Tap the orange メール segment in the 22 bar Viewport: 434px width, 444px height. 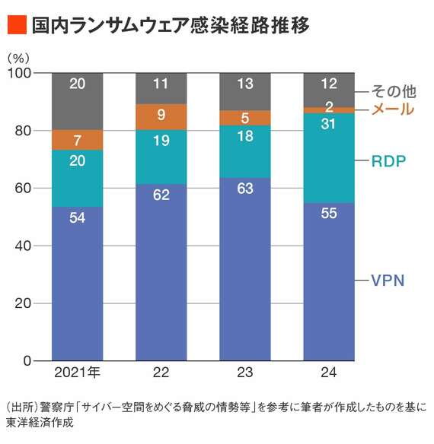pyautogui.click(x=161, y=117)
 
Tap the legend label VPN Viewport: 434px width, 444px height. pyautogui.click(x=388, y=281)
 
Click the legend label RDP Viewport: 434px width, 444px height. pyautogui.click(x=388, y=161)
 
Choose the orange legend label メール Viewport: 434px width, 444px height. pyautogui.click(x=393, y=109)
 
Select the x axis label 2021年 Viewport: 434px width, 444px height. pyautogui.click(x=78, y=373)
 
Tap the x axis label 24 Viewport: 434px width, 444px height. pyautogui.click(x=329, y=373)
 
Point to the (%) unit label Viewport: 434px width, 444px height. pyautogui.click(x=18, y=57)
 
